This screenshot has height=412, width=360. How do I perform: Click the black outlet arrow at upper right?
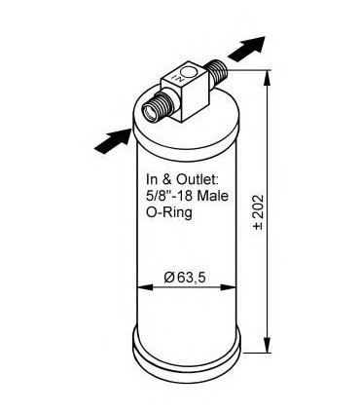tap(250, 45)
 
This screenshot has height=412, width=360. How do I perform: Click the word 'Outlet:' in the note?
tap(199, 180)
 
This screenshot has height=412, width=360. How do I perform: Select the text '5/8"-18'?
tap(170, 196)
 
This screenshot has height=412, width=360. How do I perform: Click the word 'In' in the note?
tap(152, 180)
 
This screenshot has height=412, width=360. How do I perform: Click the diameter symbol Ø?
tap(168, 280)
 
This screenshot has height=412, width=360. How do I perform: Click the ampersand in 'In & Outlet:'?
tap(166, 180)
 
